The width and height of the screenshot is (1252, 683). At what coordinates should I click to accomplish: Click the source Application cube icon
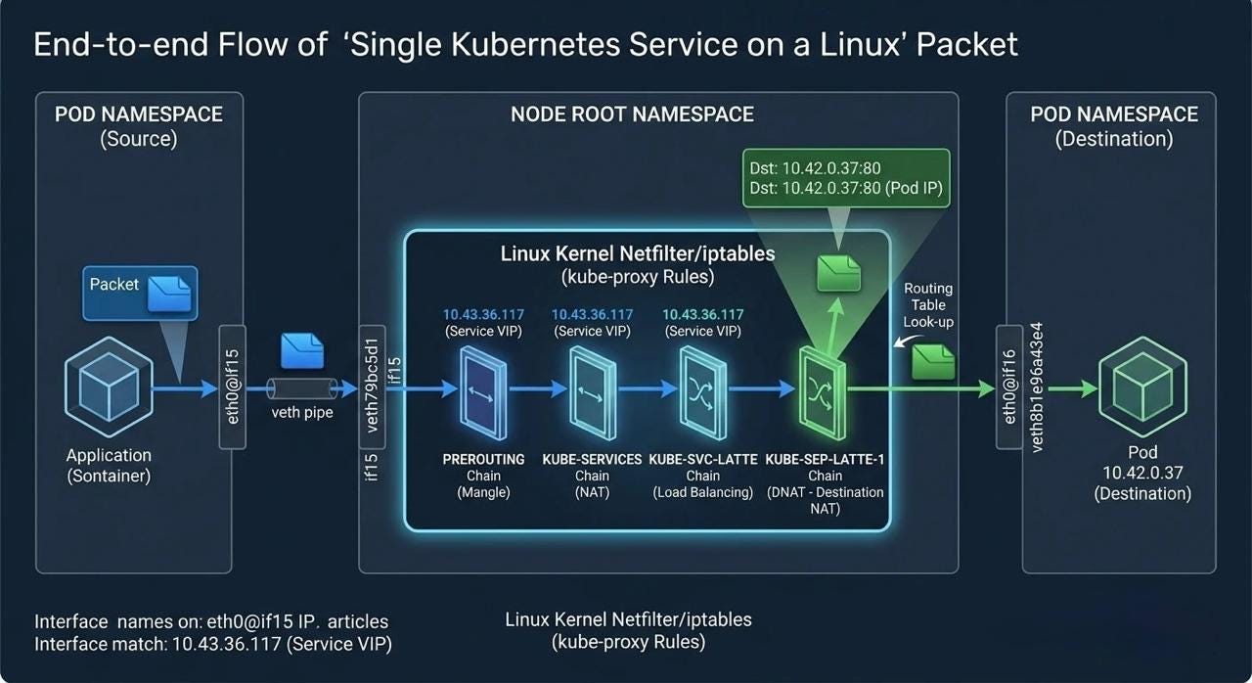[x=109, y=387]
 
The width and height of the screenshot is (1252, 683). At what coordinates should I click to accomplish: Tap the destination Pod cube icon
[x=1142, y=387]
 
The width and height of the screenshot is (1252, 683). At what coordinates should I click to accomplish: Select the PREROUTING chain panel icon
[x=483, y=393]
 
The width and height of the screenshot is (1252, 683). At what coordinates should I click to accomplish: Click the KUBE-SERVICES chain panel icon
[x=593, y=393]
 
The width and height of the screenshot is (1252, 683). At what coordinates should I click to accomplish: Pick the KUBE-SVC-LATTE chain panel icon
[x=702, y=393]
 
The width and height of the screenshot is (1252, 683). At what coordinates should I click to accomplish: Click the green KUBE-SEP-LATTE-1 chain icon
[x=823, y=393]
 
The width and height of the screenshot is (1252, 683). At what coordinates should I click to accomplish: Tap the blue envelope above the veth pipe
[x=302, y=351]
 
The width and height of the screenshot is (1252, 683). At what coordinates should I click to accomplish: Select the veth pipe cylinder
[x=302, y=388]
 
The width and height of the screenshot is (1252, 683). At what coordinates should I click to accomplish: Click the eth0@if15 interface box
[x=233, y=387]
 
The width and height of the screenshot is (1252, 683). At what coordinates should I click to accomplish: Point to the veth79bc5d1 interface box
[x=373, y=387]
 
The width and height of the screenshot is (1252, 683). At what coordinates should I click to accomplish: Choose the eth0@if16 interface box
[x=1009, y=387]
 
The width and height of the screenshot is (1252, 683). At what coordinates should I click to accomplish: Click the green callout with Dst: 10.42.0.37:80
[x=846, y=178]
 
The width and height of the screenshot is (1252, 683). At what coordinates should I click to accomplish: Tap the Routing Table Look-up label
[x=928, y=305]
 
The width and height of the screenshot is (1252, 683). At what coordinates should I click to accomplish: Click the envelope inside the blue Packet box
[x=169, y=294]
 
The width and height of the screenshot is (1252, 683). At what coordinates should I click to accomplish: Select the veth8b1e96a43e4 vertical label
[x=1036, y=387]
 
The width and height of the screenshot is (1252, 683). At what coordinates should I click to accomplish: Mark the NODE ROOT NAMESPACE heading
[x=632, y=114]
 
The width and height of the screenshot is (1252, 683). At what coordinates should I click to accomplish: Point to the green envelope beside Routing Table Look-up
[x=933, y=362]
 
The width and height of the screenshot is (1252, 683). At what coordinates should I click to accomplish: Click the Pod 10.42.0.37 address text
[x=1142, y=473]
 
